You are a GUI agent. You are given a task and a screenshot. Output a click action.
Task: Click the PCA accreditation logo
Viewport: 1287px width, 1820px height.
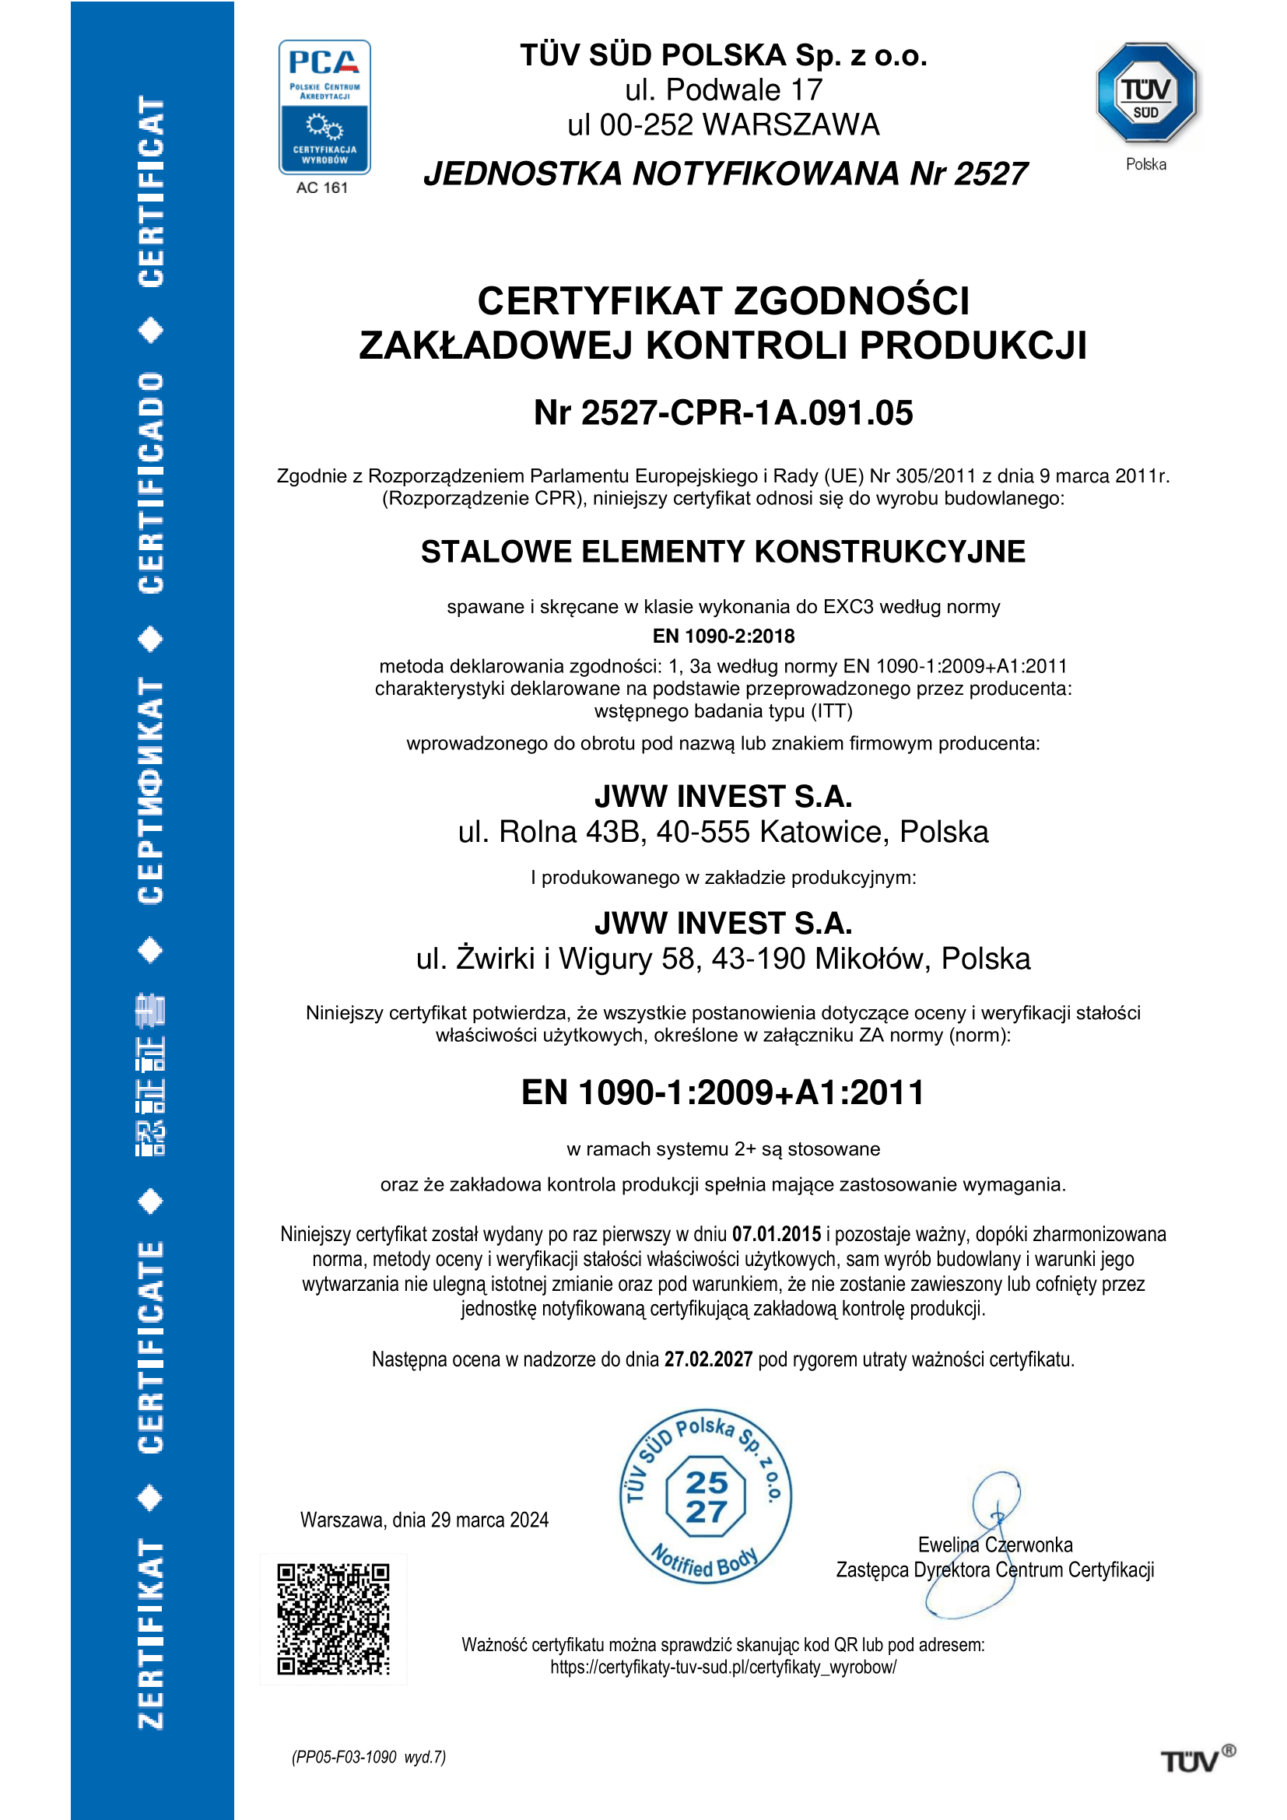pos(324,107)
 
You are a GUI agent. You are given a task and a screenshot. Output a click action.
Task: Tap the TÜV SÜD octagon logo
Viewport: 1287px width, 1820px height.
pos(1146,93)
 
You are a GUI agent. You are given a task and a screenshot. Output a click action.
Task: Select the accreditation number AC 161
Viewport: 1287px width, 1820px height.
pos(322,188)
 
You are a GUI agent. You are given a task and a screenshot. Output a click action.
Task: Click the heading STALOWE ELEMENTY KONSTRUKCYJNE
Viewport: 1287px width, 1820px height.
pos(723,552)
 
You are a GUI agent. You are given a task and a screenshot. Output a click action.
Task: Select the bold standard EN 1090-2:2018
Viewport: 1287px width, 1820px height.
pos(723,636)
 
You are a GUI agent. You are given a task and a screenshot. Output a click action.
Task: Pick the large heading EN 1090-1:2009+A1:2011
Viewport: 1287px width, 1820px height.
pos(723,1092)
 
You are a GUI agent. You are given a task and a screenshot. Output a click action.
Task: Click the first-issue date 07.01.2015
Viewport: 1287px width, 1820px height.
pos(777,1234)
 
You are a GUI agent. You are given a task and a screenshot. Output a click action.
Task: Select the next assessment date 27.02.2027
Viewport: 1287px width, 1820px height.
pos(707,1359)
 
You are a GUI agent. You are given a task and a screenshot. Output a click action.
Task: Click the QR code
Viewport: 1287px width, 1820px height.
pos(333,1618)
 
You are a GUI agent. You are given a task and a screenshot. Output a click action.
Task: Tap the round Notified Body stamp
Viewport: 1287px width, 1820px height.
pos(705,1496)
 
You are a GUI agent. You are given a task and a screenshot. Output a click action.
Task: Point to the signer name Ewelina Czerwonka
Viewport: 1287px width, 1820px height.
pos(994,1545)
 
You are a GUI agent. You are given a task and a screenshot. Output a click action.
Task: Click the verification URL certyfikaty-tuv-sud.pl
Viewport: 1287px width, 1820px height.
pos(723,1667)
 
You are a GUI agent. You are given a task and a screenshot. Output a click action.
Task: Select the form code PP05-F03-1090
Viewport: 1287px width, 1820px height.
pos(344,1758)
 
